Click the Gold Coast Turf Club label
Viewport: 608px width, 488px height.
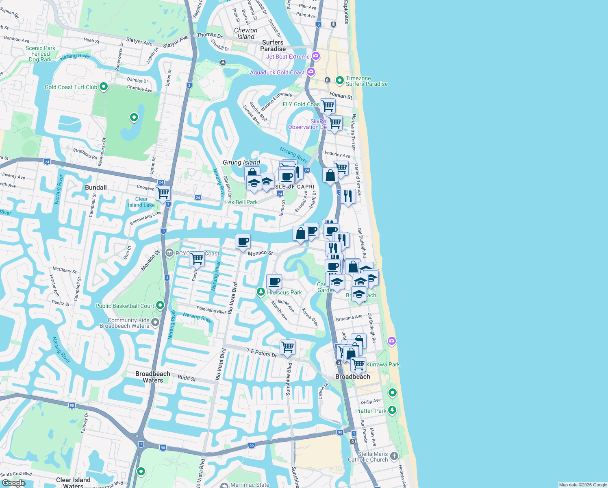tap(71, 87)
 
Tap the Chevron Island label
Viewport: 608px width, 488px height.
tap(245, 33)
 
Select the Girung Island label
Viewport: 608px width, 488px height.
tap(241, 162)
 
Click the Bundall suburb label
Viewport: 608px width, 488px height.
tap(96, 187)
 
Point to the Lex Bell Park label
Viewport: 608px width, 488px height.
tap(241, 202)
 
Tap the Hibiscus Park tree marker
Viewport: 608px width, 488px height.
tap(261, 292)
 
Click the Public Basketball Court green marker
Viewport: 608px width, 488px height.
tap(160, 305)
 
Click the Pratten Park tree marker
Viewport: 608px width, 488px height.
tap(392, 410)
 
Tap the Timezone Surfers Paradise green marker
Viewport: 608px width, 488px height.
tap(340, 80)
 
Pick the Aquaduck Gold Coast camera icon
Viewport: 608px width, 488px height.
tap(311, 72)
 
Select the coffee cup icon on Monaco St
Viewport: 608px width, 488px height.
tap(243, 242)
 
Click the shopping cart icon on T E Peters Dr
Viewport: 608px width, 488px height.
tap(287, 347)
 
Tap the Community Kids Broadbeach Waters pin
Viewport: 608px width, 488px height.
tap(155, 322)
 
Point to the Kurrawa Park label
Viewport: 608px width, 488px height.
tap(383, 364)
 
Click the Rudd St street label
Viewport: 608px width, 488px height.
tap(187, 378)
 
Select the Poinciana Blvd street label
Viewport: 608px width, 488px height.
tap(211, 310)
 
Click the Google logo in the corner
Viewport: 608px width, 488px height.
tap(13, 483)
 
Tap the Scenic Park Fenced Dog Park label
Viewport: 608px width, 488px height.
tap(40, 54)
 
